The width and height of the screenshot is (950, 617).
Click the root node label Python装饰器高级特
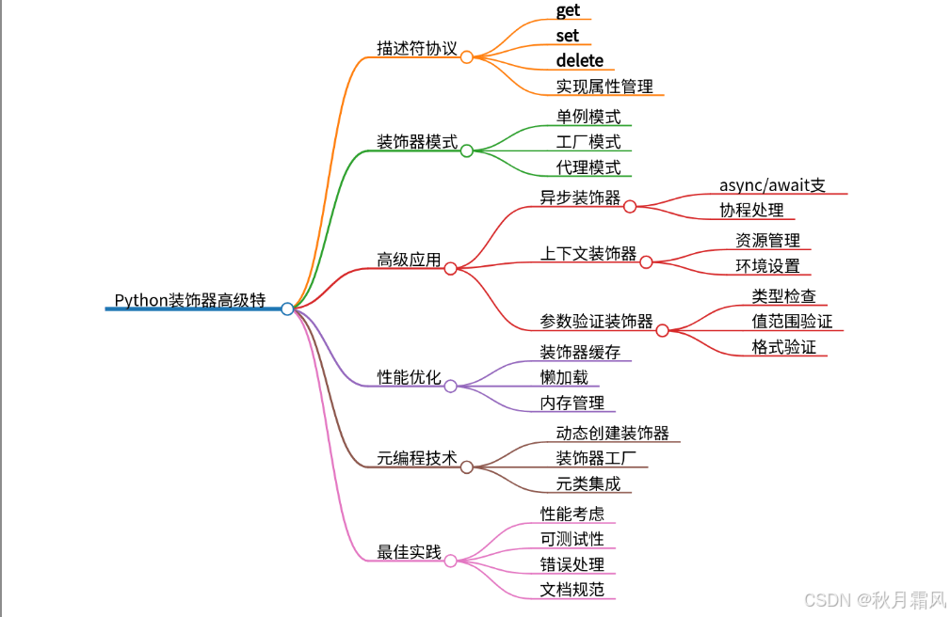[x=190, y=300]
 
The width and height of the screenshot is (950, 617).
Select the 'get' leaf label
[x=568, y=10]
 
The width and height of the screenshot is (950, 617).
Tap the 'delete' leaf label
[x=579, y=61]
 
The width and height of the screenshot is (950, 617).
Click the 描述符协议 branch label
[x=417, y=48]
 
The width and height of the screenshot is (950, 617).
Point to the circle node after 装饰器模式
[x=467, y=150]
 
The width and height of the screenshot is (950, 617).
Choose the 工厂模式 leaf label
[x=588, y=142]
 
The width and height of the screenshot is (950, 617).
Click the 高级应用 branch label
[x=409, y=260]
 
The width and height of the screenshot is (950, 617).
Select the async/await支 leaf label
[x=772, y=185]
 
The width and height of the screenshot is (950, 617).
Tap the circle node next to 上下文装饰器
[x=647, y=262]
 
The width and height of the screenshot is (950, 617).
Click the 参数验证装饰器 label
[x=596, y=321]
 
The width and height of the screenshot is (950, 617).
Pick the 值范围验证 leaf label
[x=792, y=321]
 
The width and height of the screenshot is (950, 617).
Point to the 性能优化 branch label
[x=409, y=377]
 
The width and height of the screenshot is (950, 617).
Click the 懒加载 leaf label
[x=564, y=377]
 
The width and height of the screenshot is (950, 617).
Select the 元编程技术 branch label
[x=417, y=458]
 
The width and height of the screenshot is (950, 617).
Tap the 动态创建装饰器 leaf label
[x=612, y=433]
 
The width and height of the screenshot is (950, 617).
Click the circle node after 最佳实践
[x=451, y=561]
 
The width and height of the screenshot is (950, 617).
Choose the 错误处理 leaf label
[x=572, y=564]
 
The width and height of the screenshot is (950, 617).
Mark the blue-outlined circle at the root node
[x=287, y=308]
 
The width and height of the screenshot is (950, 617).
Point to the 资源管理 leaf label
[x=767, y=241]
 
